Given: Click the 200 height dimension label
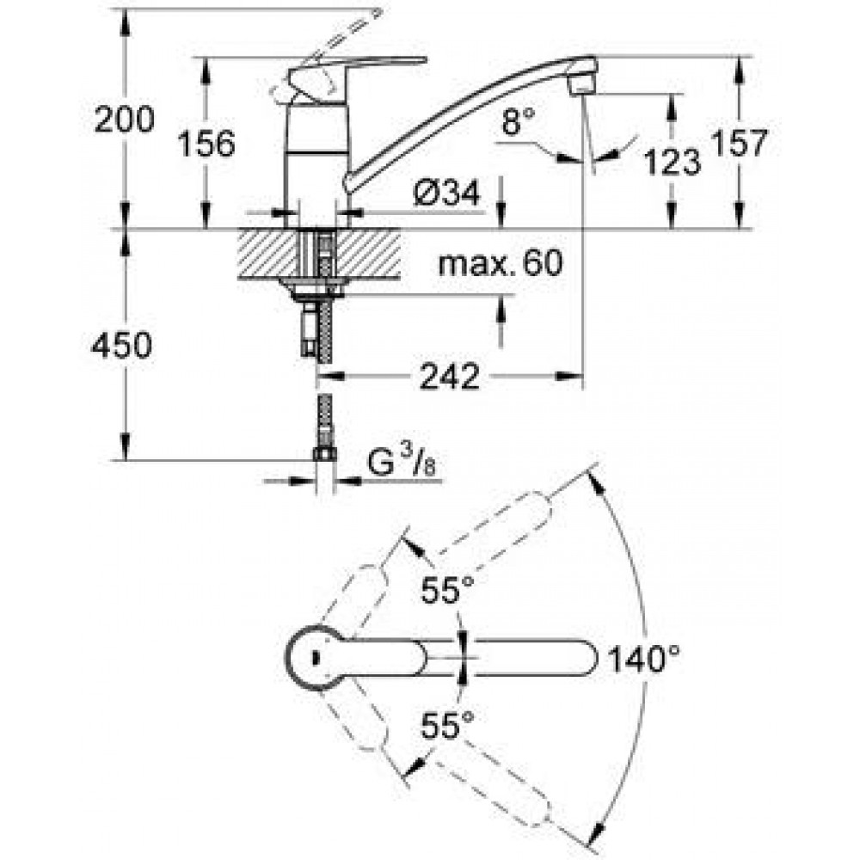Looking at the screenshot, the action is coord(125,120).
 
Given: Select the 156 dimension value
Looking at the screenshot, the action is coord(206,144).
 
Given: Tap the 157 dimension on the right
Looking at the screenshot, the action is coord(740,143).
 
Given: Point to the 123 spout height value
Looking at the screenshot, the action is coord(672,162).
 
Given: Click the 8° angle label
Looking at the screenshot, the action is coord(518,120).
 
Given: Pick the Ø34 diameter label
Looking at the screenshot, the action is coord(447,192).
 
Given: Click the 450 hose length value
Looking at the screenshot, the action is coord(122,346).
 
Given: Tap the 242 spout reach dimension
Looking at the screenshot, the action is coord(449,377).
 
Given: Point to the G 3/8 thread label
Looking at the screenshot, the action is coord(402,462).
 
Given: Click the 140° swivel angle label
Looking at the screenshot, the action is coord(644,658).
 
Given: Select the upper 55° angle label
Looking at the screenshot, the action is coord(447,590).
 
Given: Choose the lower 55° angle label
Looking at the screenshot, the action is coord(447,725).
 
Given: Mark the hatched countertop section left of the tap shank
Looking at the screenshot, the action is coord(268,254).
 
